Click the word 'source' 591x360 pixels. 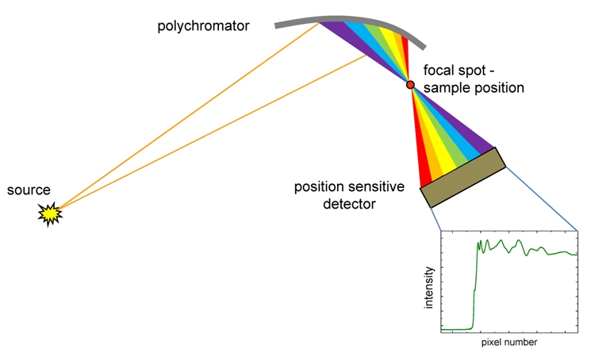pyautogui.click(x=29, y=190)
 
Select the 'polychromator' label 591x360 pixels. pyautogui.click(x=204, y=26)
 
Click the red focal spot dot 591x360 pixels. pyautogui.click(x=410, y=85)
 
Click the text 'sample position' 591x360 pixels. pyautogui.click(x=474, y=88)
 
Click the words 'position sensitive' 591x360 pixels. pyautogui.click(x=349, y=188)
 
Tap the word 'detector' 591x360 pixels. pyautogui.click(x=349, y=205)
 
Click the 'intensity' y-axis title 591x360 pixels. pyautogui.click(x=429, y=287)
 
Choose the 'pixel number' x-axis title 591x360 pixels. pyautogui.click(x=508, y=343)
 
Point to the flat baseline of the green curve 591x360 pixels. pyautogui.click(x=456, y=328)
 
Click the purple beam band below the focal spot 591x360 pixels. pyautogui.click(x=468, y=135)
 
